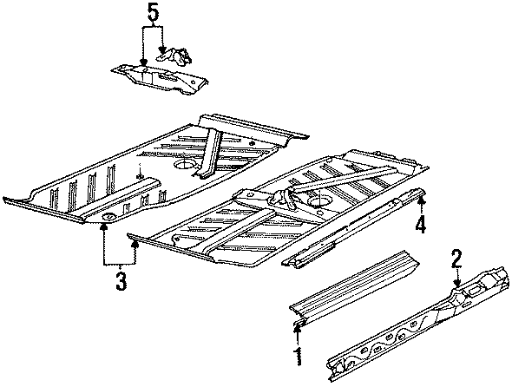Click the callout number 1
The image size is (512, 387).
[x=298, y=356]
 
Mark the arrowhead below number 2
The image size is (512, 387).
[x=456, y=282]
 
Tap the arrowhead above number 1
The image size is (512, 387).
[x=298, y=327]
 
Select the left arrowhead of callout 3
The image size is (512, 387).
[x=105, y=226]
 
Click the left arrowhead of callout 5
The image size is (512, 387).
[x=142, y=62]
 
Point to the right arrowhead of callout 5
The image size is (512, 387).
[x=162, y=54]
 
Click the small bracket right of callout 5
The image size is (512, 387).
[x=180, y=58]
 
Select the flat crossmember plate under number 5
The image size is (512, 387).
[x=161, y=79]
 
